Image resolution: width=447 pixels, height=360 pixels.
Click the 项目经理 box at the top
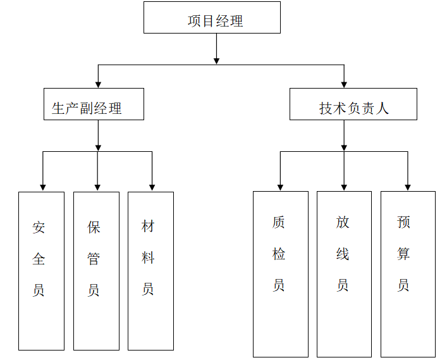[212, 18]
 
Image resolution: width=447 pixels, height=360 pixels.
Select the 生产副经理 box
[94, 104]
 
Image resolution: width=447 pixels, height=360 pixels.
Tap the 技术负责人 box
[353, 104]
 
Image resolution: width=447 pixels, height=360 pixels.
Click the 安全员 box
[41, 271]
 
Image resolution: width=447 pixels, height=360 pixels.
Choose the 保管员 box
[96, 271]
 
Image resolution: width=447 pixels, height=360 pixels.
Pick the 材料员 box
[150, 271]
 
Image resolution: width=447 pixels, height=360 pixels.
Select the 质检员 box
[280, 274]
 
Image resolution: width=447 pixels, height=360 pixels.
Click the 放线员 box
[343, 274]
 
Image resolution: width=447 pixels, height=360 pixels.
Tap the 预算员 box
[407, 274]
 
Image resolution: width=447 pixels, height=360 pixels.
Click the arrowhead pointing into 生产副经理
[98, 84]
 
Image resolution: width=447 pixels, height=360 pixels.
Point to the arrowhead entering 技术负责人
[344, 84]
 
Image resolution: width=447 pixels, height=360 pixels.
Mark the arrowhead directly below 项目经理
[216, 60]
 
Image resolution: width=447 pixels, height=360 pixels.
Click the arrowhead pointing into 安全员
[42, 187]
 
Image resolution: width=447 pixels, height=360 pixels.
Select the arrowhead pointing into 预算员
[407, 187]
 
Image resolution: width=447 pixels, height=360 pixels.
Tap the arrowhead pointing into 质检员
[280, 187]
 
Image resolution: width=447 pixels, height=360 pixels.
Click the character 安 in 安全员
[39, 227]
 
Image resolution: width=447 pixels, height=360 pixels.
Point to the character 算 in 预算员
[404, 254]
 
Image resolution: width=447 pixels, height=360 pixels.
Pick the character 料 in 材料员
[148, 258]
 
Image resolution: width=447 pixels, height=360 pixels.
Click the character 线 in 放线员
[343, 254]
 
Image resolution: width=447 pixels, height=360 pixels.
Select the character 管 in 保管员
[94, 259]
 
